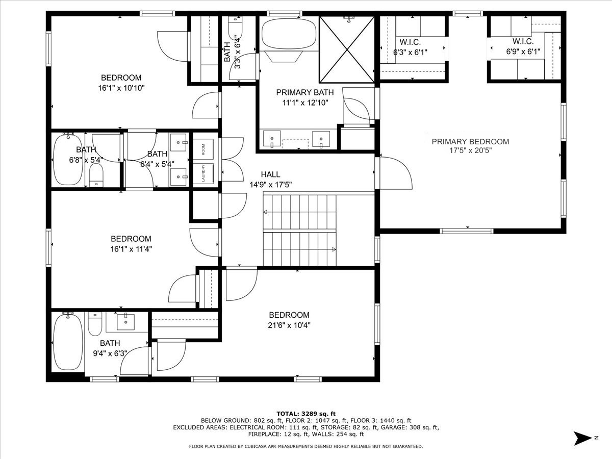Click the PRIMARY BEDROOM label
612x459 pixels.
[470, 142]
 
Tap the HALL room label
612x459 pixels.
[270, 174]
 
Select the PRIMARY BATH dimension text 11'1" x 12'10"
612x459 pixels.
[305, 103]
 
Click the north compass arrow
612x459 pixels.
[583, 439]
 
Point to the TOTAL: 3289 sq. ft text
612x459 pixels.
[306, 414]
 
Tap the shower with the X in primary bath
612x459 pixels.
[347, 49]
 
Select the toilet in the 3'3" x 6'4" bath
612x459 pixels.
[235, 28]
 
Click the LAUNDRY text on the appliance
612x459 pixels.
[203, 173]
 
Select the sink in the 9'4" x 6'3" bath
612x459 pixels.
[125, 322]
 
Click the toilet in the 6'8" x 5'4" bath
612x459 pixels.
[96, 175]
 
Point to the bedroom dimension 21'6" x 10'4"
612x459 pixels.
[289, 325]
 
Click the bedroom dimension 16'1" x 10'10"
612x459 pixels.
[121, 88]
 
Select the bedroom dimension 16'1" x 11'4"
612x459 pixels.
[131, 249]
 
